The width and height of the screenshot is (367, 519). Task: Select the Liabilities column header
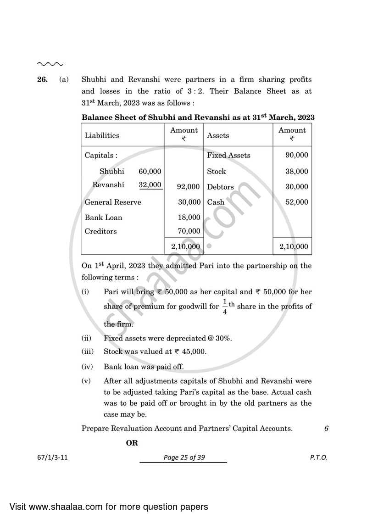pos(102,135)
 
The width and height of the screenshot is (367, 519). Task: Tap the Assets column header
pos(218,135)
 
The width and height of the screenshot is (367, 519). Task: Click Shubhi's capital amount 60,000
pos(150,171)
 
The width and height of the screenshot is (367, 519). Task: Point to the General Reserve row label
pos(113,202)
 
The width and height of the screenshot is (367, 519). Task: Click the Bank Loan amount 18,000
pos(189,217)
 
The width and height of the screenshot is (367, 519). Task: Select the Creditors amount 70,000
pos(189,231)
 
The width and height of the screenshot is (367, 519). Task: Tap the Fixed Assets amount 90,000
pos(296,155)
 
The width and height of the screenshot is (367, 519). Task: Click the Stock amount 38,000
pos(296,171)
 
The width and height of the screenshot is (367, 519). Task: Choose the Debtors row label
pos(220,187)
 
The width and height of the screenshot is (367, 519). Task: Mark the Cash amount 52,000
pos(296,202)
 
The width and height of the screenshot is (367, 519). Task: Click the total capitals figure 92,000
pos(189,187)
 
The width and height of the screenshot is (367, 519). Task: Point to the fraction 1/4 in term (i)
pos(225,307)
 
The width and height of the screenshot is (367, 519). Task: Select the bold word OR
pos(132,443)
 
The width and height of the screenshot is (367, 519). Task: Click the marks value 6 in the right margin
pos(326,429)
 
